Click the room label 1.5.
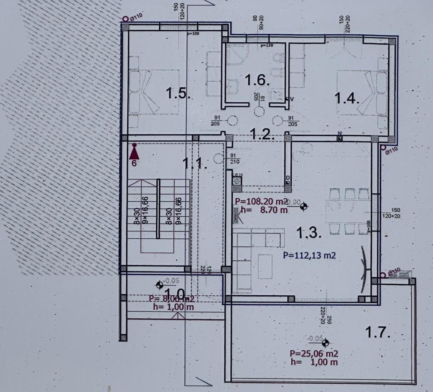[178, 93]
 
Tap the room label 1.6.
[257, 80]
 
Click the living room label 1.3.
[309, 233]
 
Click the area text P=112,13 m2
[309, 256]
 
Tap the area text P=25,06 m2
[313, 354]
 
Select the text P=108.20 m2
[261, 201]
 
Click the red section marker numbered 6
[134, 153]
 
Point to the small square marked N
[340, 138]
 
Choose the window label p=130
[266, 46]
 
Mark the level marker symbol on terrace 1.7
[325, 343]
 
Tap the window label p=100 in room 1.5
[193, 34]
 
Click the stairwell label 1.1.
[195, 164]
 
